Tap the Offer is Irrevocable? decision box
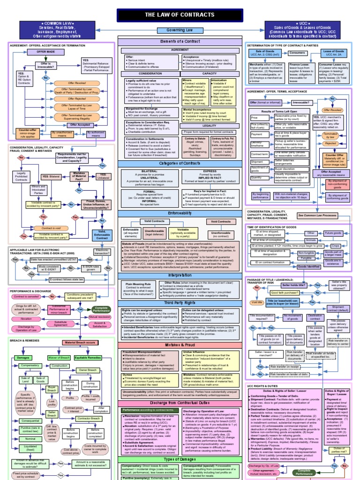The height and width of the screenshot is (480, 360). click(x=46, y=66)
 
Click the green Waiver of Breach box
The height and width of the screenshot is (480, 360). click(x=57, y=358)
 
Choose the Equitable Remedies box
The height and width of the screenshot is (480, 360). click(x=89, y=358)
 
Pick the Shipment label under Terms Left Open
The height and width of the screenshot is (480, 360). click(x=257, y=162)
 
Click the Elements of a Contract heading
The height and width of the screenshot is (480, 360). click(x=180, y=42)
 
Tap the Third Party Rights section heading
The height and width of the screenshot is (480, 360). click(x=180, y=303)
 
